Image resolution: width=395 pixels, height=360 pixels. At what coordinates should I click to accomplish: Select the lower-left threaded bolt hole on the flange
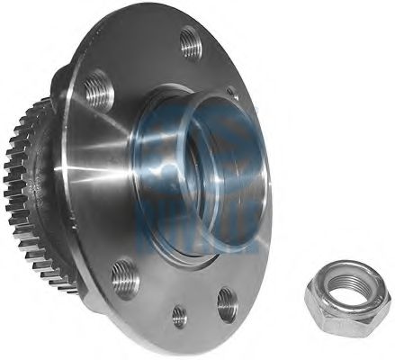(125, 277)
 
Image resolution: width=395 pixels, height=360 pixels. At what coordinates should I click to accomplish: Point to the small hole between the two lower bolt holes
(180, 315)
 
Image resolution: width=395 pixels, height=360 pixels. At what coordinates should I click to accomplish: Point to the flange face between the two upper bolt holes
(144, 63)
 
